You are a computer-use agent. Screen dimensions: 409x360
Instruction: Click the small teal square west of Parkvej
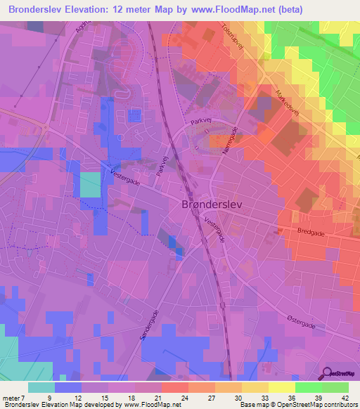90,185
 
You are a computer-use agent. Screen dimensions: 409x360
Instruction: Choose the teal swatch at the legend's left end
41,387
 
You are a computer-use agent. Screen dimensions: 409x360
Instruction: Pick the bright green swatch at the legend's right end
335,387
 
